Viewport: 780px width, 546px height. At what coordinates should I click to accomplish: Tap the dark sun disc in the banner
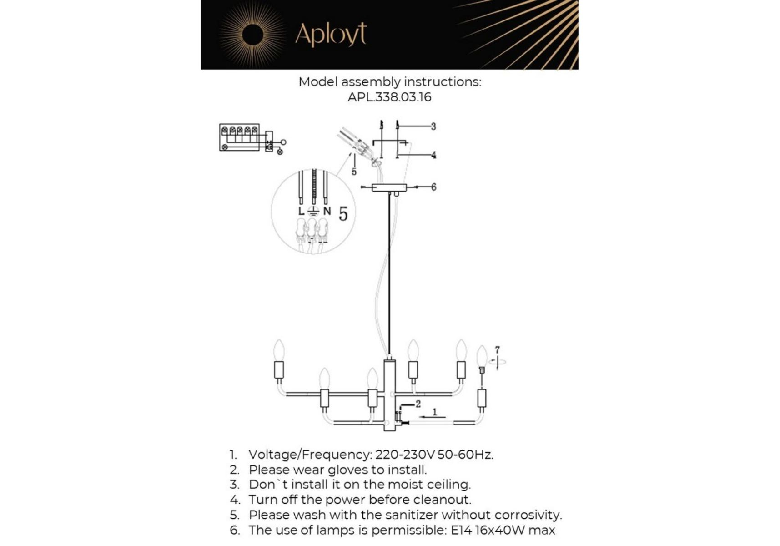pyautogui.click(x=252, y=35)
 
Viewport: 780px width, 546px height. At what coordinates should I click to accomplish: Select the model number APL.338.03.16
pyautogui.click(x=389, y=97)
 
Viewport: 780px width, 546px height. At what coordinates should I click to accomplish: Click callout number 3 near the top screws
pyautogui.click(x=433, y=126)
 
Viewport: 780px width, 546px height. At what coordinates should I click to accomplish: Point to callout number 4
pyautogui.click(x=433, y=155)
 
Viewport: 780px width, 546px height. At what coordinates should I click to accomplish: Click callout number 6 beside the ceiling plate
pyautogui.click(x=433, y=187)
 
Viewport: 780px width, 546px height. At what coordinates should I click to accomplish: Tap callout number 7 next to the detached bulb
pyautogui.click(x=497, y=349)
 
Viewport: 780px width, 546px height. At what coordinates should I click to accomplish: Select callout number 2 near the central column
pyautogui.click(x=418, y=404)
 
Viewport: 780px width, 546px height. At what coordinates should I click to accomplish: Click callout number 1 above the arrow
pyautogui.click(x=434, y=412)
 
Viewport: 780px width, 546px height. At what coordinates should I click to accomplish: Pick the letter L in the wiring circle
pyautogui.click(x=301, y=211)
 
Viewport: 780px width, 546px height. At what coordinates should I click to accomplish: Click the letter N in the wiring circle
pyautogui.click(x=327, y=211)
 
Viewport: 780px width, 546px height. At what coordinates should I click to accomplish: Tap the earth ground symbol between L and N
pyautogui.click(x=313, y=211)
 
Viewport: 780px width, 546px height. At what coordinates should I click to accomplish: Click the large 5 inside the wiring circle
pyautogui.click(x=343, y=213)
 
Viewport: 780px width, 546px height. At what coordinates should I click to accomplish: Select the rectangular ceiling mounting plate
pyautogui.click(x=389, y=187)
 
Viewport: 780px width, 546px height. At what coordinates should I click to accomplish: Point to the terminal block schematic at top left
pyautogui.click(x=252, y=138)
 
